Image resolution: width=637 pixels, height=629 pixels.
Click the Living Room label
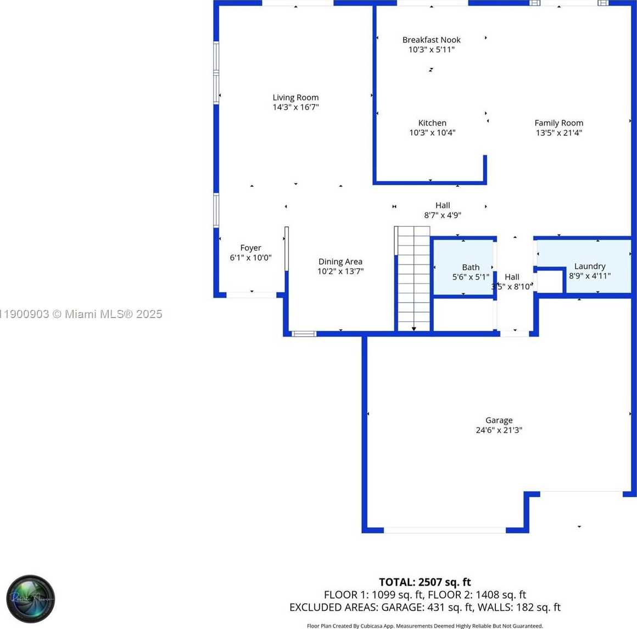[295, 97]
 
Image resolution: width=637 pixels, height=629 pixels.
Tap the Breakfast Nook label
[431, 40]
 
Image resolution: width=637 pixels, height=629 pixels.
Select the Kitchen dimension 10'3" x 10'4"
[432, 132]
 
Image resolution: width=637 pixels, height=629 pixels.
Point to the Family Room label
[558, 123]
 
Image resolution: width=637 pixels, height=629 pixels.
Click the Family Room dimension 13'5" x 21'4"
[558, 132]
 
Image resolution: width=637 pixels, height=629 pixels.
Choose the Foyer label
[250, 248]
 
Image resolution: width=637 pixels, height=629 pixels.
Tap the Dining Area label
[340, 261]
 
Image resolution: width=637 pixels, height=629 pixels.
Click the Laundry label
[589, 266]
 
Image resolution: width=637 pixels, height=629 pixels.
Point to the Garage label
[499, 420]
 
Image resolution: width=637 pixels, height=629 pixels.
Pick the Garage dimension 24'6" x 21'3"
[499, 430]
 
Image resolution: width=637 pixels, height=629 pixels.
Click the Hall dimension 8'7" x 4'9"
[442, 215]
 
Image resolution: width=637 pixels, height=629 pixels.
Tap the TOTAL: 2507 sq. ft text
[424, 582]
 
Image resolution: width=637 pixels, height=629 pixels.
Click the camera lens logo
[31, 598]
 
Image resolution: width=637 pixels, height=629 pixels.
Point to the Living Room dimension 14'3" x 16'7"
[295, 107]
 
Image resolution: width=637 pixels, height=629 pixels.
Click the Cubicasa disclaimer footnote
[424, 626]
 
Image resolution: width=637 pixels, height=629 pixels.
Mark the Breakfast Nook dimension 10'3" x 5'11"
[431, 49]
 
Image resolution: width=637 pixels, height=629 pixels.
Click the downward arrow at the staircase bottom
[414, 329]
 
